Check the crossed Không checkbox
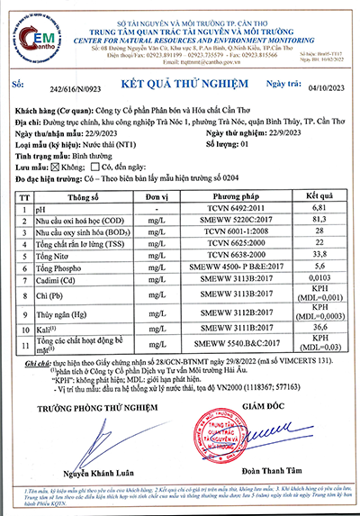(60, 167)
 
